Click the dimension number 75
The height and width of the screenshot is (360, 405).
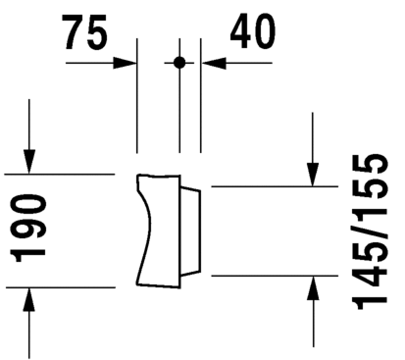(86, 32)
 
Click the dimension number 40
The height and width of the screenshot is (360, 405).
(252, 31)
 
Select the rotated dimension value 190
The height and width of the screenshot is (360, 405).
(28, 229)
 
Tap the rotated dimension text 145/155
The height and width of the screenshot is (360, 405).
(370, 231)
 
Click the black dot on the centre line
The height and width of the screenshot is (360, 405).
(179, 63)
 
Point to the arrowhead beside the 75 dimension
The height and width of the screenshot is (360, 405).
(125, 63)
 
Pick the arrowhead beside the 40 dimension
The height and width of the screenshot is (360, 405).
(214, 63)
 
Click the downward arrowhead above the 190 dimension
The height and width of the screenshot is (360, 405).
(29, 161)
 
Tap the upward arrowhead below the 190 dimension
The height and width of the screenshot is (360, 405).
(29, 300)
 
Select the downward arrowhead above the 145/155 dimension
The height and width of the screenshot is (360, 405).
(313, 175)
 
